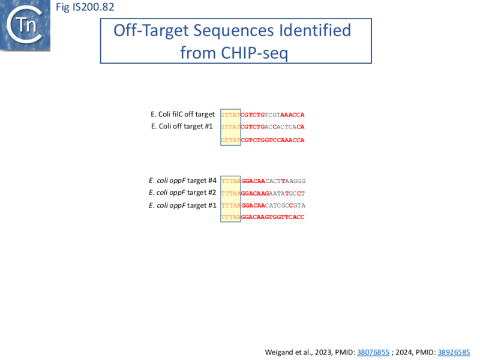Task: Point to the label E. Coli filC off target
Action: click(x=182, y=114)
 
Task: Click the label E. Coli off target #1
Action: click(x=182, y=126)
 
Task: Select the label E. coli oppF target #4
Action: click(x=182, y=180)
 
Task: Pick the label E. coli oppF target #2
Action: click(x=182, y=193)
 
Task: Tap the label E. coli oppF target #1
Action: click(x=182, y=205)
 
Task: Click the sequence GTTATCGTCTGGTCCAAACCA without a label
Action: click(x=263, y=140)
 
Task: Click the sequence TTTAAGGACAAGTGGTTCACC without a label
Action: click(x=263, y=217)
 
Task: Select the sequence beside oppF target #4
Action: click(x=263, y=181)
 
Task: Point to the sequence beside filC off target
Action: click(x=263, y=115)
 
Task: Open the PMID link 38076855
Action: click(x=373, y=352)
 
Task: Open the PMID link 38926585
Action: click(x=454, y=352)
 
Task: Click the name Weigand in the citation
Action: click(x=280, y=352)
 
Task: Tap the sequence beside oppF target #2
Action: click(x=263, y=193)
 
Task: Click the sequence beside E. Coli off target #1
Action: click(x=263, y=127)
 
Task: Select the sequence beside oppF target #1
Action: click(x=263, y=205)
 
